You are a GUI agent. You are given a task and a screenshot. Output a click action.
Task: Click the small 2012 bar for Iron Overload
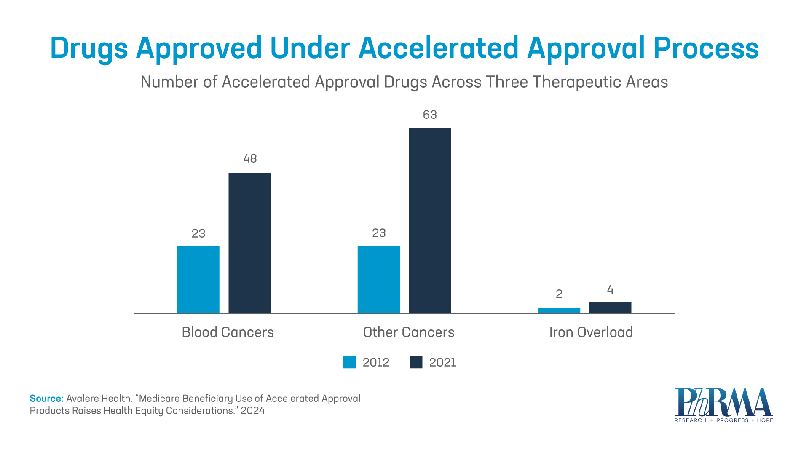559,310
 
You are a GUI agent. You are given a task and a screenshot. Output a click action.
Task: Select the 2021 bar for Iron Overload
610,307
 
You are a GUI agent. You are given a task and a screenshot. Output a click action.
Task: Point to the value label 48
250,158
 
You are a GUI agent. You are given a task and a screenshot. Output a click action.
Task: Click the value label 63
430,115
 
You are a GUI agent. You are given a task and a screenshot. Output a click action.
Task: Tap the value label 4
610,290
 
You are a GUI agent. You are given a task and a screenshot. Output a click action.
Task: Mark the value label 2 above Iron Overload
559,294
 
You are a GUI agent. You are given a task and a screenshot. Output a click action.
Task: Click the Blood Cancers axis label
228,332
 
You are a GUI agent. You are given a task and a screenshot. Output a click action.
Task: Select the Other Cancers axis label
408,332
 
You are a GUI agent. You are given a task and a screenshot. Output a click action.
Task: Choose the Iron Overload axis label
591,332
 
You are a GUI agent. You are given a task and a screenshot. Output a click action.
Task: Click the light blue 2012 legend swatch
349,362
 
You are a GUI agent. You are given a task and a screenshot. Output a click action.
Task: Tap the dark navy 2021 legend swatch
416,362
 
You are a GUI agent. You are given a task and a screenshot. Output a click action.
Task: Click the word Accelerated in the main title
438,48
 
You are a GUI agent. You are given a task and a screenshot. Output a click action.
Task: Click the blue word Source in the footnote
46,399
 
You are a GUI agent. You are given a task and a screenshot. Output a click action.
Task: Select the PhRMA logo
723,405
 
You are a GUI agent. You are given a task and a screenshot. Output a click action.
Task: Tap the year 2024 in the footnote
252,411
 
